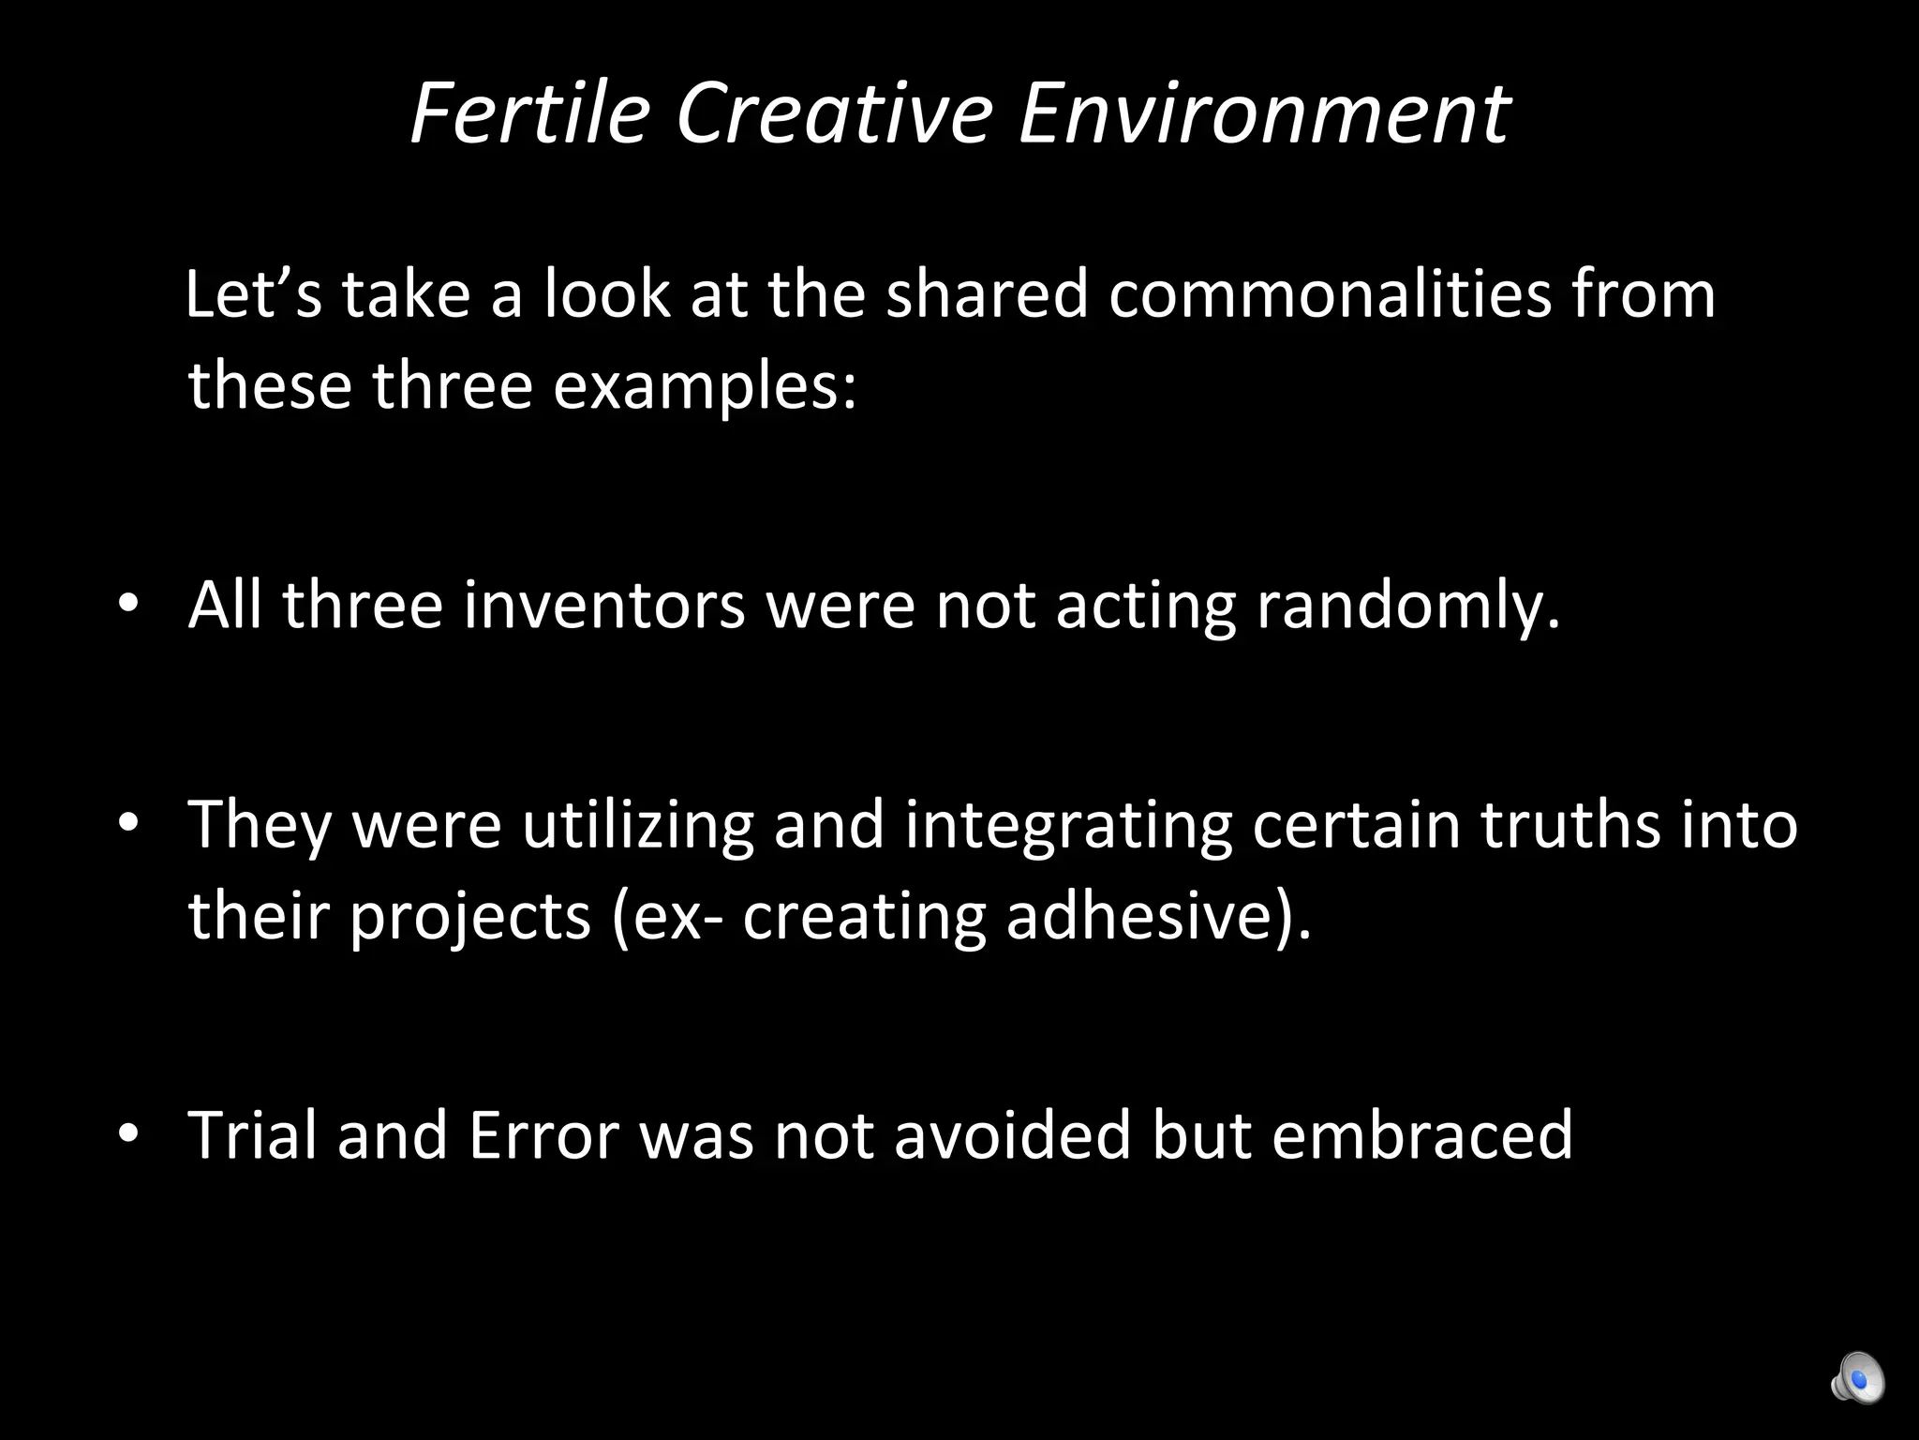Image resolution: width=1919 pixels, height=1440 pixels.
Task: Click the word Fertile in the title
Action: pyautogui.click(x=530, y=113)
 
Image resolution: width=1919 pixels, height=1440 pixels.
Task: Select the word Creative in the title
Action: pyautogui.click(x=833, y=113)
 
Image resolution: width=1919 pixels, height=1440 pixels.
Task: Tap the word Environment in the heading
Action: pyautogui.click(x=1263, y=113)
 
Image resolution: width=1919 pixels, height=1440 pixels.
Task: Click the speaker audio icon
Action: pyautogui.click(x=1856, y=1377)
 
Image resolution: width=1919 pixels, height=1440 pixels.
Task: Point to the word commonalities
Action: pyautogui.click(x=1330, y=293)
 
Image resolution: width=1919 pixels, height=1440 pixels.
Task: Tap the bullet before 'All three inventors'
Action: pyautogui.click(x=128, y=605)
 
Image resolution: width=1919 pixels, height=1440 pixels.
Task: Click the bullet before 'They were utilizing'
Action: pyautogui.click(x=128, y=823)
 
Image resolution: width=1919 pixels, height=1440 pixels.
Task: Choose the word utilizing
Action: pyautogui.click(x=637, y=825)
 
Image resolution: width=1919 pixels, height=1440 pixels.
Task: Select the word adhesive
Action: pyautogui.click(x=1152, y=916)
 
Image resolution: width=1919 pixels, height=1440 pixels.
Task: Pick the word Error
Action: pyautogui.click(x=543, y=1134)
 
